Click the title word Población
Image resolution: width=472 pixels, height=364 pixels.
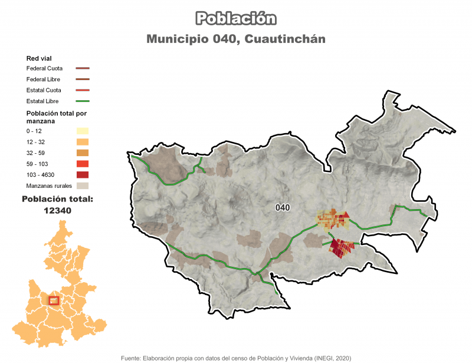point(236,19)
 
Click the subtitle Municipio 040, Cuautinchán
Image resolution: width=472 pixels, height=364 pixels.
point(236,39)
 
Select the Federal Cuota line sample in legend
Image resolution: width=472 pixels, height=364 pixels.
point(82,68)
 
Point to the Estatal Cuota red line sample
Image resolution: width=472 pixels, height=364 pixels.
point(82,90)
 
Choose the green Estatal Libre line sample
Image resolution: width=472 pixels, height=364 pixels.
point(82,101)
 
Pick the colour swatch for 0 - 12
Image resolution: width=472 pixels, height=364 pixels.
point(82,131)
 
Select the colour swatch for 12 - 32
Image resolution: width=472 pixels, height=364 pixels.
point(82,142)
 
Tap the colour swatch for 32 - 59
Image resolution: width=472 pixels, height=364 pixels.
point(82,153)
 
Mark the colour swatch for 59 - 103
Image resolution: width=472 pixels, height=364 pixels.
point(82,164)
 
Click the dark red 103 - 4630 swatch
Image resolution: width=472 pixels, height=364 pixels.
point(82,175)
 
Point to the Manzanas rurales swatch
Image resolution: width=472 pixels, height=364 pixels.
point(82,186)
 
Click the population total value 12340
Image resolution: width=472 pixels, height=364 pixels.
point(57,210)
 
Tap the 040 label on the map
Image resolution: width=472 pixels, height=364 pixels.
point(283,208)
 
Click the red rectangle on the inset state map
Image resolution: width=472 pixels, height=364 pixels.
point(54,300)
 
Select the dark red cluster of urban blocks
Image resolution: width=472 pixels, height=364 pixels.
point(342,247)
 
